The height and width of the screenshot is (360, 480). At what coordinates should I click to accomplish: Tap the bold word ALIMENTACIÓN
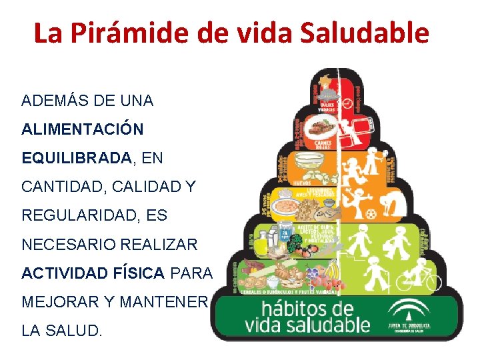[82, 129]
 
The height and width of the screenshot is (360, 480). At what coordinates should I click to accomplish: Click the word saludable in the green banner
[327, 325]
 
